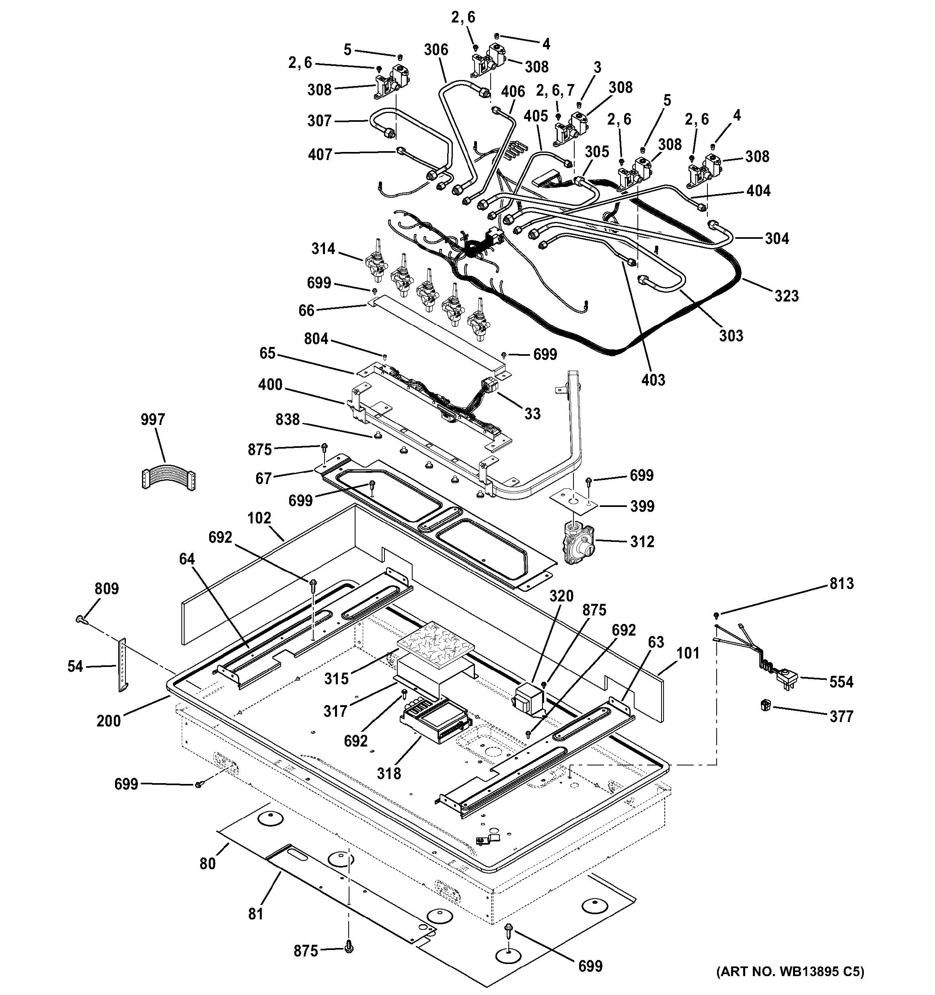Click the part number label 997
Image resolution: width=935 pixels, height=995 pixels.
point(153,419)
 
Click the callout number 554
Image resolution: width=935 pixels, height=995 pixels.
point(841,682)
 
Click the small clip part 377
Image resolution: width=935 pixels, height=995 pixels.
point(765,707)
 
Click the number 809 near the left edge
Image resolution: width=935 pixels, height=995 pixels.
point(107,589)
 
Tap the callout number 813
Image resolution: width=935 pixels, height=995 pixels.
point(841,584)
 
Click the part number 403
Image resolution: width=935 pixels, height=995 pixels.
point(653,380)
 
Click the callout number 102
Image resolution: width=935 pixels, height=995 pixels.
point(259,518)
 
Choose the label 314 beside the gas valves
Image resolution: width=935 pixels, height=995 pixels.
point(323,249)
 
